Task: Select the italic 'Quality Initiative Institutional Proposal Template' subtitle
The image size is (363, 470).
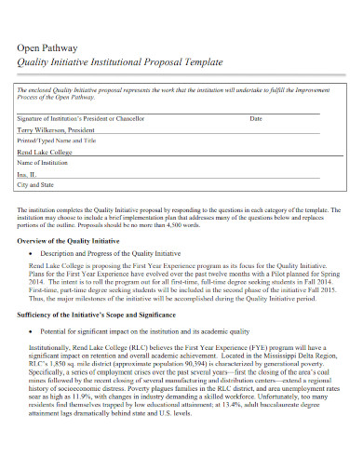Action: pos(121,61)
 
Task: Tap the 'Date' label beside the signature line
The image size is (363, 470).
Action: pos(256,120)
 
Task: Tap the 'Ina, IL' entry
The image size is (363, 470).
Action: pos(28,174)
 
